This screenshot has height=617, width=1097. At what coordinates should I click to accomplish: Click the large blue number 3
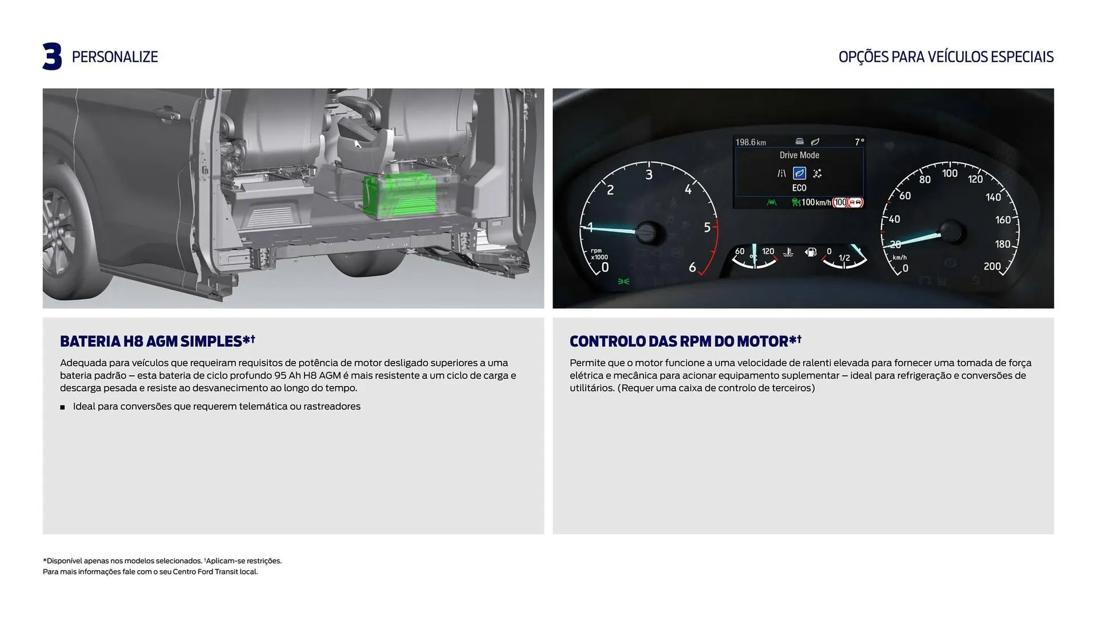(52, 57)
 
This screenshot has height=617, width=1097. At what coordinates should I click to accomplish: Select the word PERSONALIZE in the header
(114, 57)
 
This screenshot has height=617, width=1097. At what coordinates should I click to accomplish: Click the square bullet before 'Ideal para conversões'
(62, 407)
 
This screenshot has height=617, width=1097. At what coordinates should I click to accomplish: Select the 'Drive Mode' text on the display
(799, 155)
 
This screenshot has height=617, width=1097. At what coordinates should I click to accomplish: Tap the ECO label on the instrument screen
(799, 188)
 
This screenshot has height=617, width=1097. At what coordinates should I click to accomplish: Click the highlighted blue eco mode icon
(799, 173)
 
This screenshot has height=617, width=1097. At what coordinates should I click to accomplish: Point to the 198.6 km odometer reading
(750, 142)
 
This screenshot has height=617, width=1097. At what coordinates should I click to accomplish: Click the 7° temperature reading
(859, 142)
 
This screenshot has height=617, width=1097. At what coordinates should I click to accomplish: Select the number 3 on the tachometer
(648, 175)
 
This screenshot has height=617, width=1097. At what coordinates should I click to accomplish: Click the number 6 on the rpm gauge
(692, 267)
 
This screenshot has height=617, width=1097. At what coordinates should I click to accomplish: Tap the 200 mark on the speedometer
(992, 266)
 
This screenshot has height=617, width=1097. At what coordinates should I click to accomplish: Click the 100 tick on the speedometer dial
(950, 173)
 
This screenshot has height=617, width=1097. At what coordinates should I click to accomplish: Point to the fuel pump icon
(810, 252)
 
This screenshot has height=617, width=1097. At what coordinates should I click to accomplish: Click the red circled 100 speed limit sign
(840, 202)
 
